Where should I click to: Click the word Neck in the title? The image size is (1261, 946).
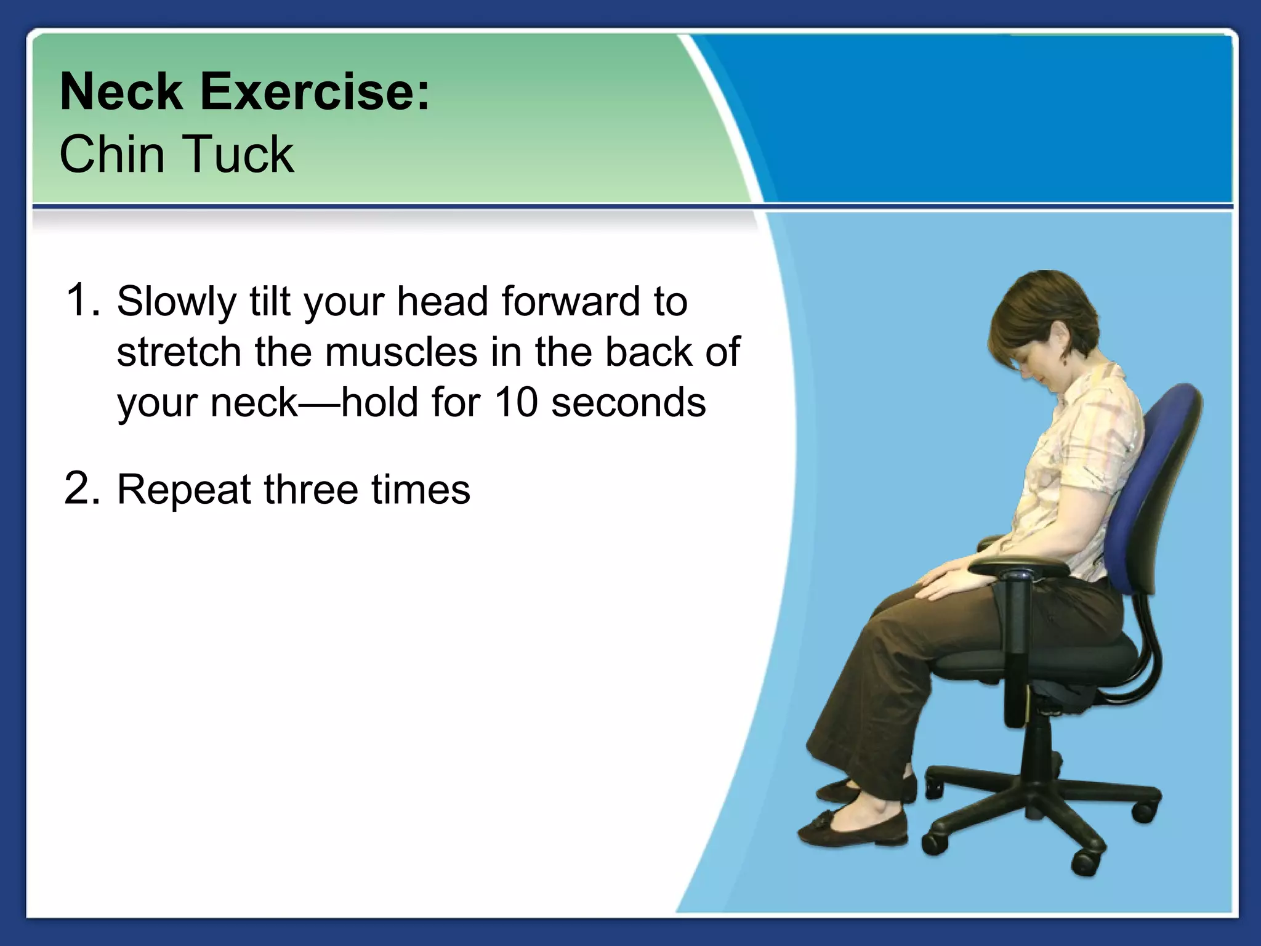pyautogui.click(x=121, y=92)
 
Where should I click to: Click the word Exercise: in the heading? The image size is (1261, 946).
pyautogui.click(x=314, y=92)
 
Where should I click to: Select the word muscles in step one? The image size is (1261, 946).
pyautogui.click(x=401, y=352)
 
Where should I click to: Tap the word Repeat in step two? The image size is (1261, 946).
pyautogui.click(x=184, y=490)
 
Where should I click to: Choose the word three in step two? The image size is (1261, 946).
pyautogui.click(x=311, y=490)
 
